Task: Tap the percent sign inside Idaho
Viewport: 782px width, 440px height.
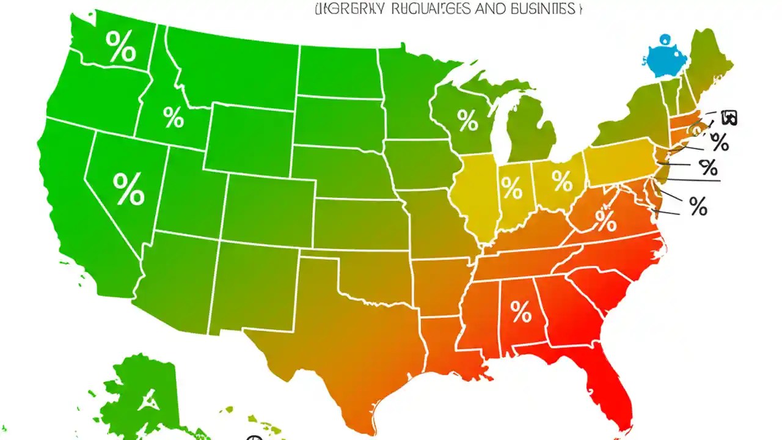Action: tap(174, 117)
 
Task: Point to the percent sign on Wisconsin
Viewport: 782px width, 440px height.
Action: tap(467, 120)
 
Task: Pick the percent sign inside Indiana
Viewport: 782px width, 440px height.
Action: tap(512, 188)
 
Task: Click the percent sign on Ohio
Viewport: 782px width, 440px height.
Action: tap(561, 180)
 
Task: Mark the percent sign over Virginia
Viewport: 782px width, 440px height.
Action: tap(605, 220)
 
